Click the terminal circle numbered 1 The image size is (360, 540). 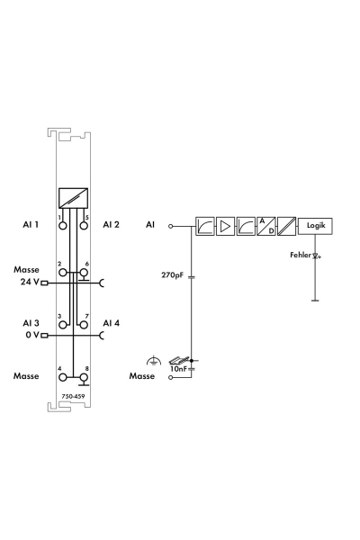pyautogui.click(x=63, y=226)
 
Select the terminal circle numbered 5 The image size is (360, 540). pyautogui.click(x=84, y=226)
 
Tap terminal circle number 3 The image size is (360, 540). pyautogui.click(x=63, y=325)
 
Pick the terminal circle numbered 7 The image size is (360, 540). pyautogui.click(x=84, y=325)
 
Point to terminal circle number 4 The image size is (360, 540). pyautogui.click(x=63, y=377)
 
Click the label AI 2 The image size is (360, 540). pyautogui.click(x=111, y=224)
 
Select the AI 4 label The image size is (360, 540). pyautogui.click(x=111, y=323)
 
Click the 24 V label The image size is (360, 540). pyautogui.click(x=30, y=282)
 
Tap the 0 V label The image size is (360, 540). pyautogui.click(x=32, y=335)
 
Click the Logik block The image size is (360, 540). pyautogui.click(x=315, y=226)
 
